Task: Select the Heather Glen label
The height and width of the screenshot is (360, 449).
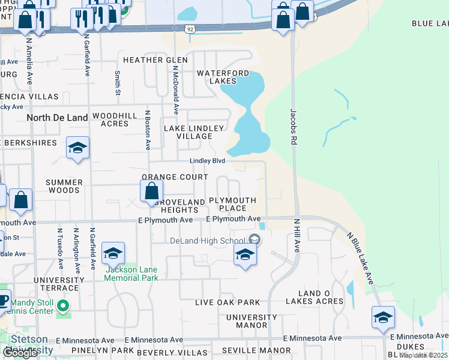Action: tap(151, 60)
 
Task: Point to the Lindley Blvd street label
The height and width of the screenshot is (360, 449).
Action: tap(207, 161)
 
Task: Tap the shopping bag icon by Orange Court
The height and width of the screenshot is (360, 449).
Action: tap(152, 192)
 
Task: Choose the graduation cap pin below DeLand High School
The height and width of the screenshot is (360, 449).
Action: tap(245, 256)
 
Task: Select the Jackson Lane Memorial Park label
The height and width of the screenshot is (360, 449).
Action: tap(131, 274)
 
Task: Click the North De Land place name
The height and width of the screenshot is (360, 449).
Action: tap(58, 118)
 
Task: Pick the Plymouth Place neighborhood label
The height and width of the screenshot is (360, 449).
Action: tap(232, 204)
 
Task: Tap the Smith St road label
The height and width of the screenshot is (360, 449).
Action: tap(118, 83)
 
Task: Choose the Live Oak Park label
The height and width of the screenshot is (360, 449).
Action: tap(227, 302)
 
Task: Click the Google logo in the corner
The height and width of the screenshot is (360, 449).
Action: tap(20, 353)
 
